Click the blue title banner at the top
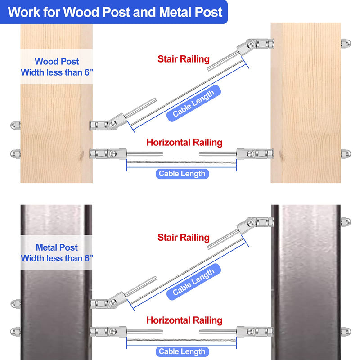click(x=115, y=12)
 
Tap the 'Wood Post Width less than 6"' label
click(x=57, y=67)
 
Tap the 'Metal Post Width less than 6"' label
click(x=57, y=253)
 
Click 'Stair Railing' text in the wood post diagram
click(x=183, y=59)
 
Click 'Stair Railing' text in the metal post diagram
click(x=183, y=237)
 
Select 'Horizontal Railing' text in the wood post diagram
click(x=184, y=143)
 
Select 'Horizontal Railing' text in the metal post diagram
click(x=184, y=320)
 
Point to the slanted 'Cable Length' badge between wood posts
click(x=193, y=103)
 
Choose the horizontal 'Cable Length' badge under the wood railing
click(x=182, y=174)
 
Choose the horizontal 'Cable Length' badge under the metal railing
click(x=182, y=351)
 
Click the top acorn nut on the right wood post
click(x=345, y=44)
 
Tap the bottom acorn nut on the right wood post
click(x=345, y=154)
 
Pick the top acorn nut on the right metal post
click(x=345, y=222)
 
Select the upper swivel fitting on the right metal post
click(x=259, y=222)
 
